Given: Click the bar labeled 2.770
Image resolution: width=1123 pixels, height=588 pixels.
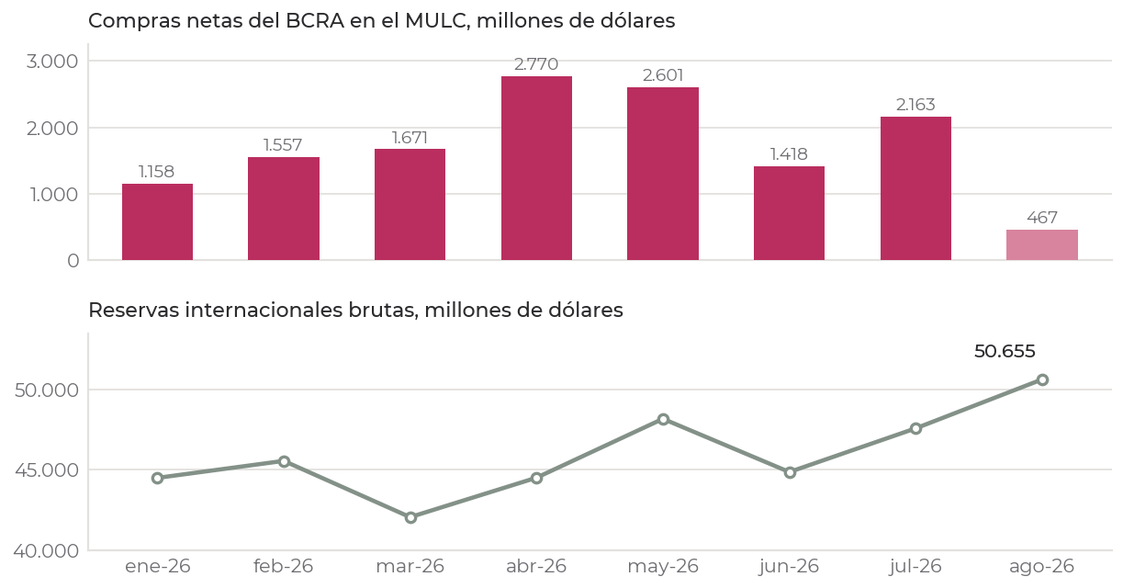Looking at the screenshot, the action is (536, 168).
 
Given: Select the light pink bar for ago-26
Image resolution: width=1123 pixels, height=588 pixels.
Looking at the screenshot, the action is (1042, 244).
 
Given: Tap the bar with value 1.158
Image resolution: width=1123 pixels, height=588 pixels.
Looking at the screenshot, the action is (157, 221).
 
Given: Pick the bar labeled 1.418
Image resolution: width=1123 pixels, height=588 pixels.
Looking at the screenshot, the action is (789, 213).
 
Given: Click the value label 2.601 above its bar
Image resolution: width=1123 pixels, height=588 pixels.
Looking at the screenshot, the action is (663, 75).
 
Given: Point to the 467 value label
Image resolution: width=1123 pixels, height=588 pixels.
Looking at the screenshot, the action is (1042, 218).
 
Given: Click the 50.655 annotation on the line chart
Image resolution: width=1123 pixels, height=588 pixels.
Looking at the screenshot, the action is (1005, 351).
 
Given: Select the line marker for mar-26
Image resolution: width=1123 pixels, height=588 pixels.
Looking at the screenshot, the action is (410, 517).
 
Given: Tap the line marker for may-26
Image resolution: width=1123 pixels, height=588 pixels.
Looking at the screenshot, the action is (663, 420).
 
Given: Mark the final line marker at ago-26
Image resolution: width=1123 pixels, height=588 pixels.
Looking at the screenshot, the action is (1042, 379).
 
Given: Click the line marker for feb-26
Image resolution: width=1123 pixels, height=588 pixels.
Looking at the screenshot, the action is (285, 461).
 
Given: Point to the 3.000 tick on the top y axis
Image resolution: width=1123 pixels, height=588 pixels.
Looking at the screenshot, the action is (52, 62).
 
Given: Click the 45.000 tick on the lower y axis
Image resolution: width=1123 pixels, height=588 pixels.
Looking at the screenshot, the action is (47, 470).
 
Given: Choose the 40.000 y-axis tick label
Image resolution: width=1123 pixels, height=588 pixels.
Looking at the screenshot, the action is (46, 551).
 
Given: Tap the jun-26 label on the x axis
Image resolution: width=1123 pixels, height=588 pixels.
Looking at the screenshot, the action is (789, 567).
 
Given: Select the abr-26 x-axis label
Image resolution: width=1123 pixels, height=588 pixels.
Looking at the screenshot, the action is (536, 567).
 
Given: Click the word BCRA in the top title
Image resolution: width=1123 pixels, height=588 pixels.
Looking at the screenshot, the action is (315, 21).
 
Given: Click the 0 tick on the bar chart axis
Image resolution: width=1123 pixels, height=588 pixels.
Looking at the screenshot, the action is (73, 261).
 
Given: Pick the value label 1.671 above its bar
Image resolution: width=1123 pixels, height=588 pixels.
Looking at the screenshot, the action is (410, 138).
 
